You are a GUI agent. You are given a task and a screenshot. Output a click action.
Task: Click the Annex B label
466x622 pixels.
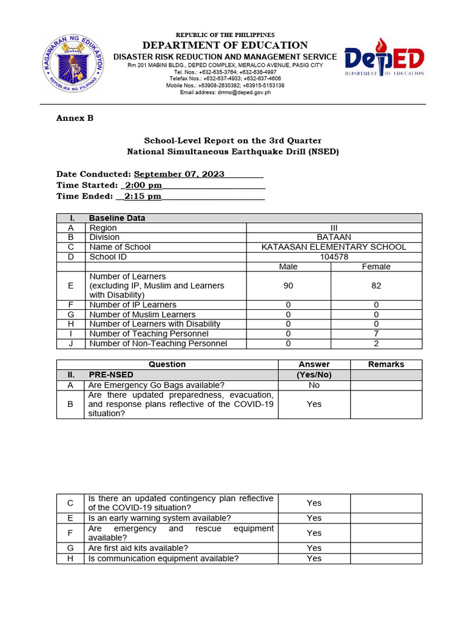(x=75, y=118)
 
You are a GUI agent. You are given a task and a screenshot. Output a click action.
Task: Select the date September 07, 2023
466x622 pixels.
(x=179, y=174)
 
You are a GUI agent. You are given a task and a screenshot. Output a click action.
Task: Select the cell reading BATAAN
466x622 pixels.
(x=334, y=238)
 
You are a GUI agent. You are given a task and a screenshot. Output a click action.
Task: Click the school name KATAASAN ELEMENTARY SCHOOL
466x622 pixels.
(x=334, y=247)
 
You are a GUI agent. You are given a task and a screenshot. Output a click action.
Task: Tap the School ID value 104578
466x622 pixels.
(x=334, y=257)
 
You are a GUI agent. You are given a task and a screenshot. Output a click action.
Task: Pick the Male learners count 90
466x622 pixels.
(x=288, y=285)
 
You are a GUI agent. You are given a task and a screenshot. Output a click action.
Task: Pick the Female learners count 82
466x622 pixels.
(x=376, y=285)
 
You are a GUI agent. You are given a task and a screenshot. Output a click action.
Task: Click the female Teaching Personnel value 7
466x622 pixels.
(x=376, y=334)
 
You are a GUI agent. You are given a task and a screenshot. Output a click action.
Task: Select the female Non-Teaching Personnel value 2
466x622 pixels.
(x=376, y=344)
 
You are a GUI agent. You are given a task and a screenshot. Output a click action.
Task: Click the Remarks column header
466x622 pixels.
(x=386, y=364)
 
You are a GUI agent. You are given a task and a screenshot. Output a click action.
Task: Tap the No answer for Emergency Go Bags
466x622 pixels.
(x=314, y=385)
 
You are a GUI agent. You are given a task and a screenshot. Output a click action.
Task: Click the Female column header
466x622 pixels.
(x=376, y=267)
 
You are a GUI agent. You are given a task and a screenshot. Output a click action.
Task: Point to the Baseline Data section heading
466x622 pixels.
(x=117, y=218)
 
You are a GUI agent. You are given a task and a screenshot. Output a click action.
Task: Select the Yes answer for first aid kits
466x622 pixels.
(x=314, y=549)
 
